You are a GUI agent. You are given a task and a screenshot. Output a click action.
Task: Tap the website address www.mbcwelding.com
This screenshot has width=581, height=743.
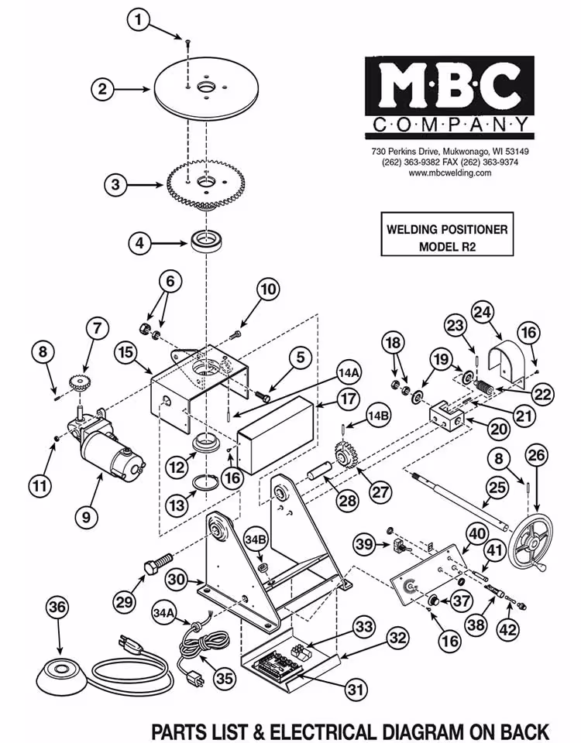449,173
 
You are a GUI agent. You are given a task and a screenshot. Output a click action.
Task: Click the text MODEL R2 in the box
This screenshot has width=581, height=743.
447,247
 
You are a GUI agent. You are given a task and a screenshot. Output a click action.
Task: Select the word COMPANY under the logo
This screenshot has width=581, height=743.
449,125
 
